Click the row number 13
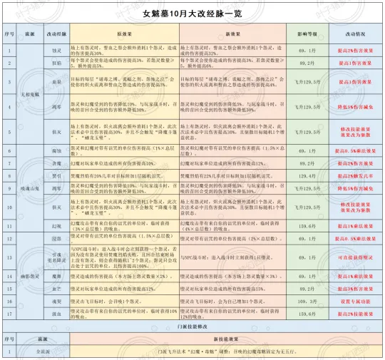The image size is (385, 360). click(9, 257)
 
